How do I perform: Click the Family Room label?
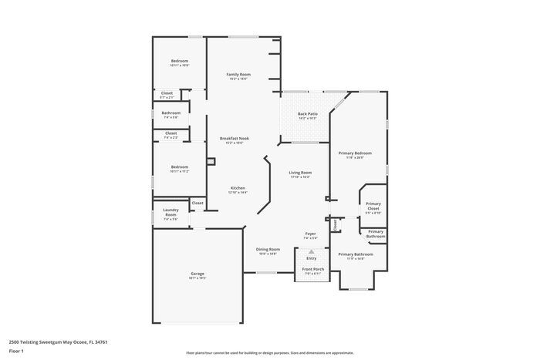[x=238, y=75]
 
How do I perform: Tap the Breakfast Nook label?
[x=234, y=139]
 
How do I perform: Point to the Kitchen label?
[x=238, y=188]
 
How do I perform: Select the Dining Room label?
[x=268, y=250]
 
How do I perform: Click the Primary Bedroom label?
[x=355, y=153]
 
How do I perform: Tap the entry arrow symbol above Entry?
[x=312, y=251]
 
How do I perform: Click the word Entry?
[x=312, y=258]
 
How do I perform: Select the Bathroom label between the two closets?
[x=170, y=113]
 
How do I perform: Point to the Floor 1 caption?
[x=16, y=351]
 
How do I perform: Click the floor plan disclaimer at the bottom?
[x=269, y=352]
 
